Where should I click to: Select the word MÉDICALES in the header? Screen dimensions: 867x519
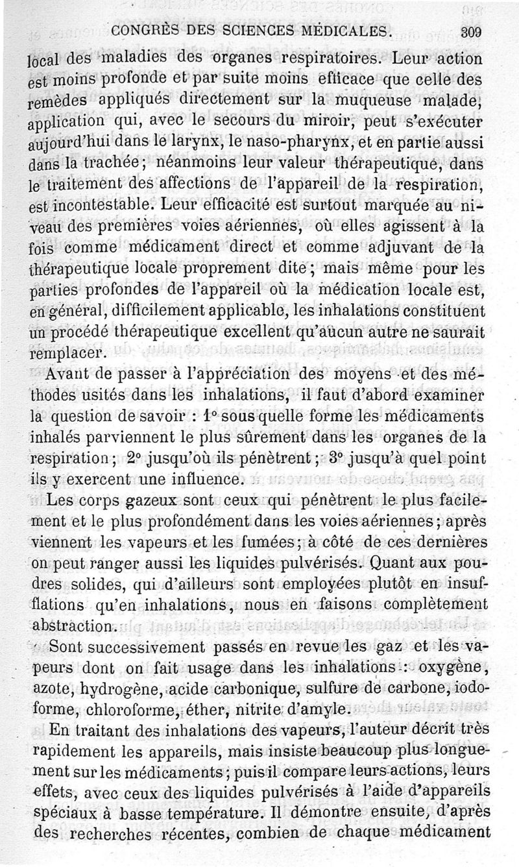(x=344, y=31)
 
